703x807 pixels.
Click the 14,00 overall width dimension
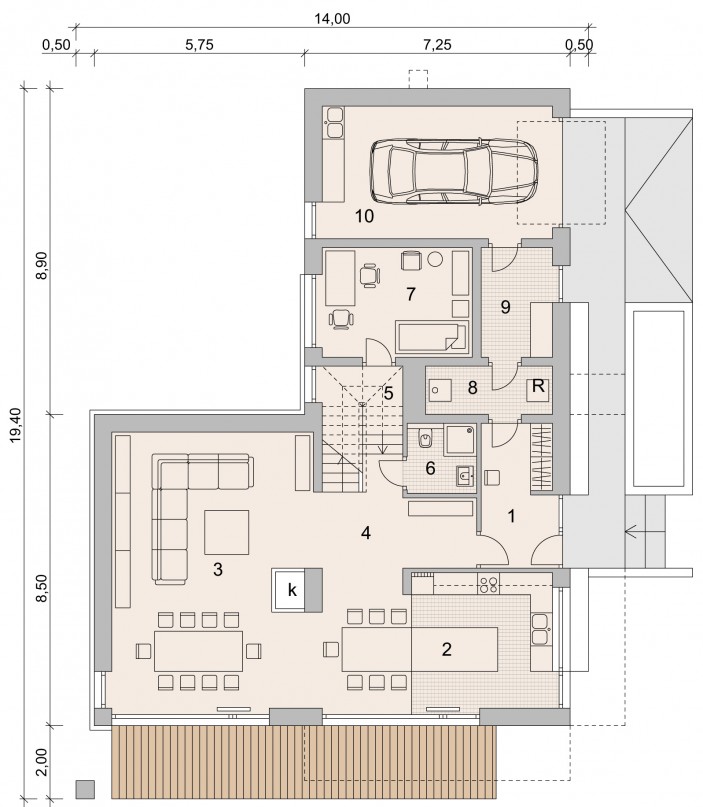(332, 19)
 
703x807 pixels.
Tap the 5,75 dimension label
(199, 45)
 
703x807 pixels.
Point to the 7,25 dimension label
(437, 45)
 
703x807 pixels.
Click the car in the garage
(453, 170)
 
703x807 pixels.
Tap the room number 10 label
(364, 216)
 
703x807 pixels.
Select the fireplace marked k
(297, 590)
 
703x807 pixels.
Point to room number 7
(410, 294)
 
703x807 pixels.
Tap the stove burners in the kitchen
(488, 583)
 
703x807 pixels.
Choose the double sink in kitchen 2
(541, 629)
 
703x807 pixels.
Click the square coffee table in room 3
(226, 532)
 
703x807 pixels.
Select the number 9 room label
(505, 307)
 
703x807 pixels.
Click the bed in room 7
(432, 336)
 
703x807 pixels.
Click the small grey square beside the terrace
(85, 787)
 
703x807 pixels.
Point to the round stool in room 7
(436, 258)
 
